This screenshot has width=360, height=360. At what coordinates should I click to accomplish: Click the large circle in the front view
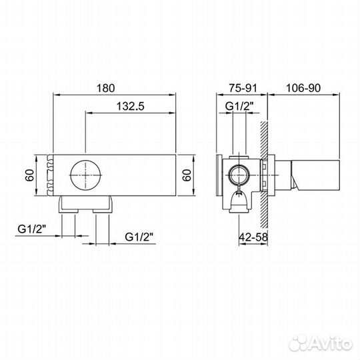(x=87, y=176)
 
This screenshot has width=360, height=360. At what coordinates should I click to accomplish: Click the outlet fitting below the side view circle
(x=237, y=198)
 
